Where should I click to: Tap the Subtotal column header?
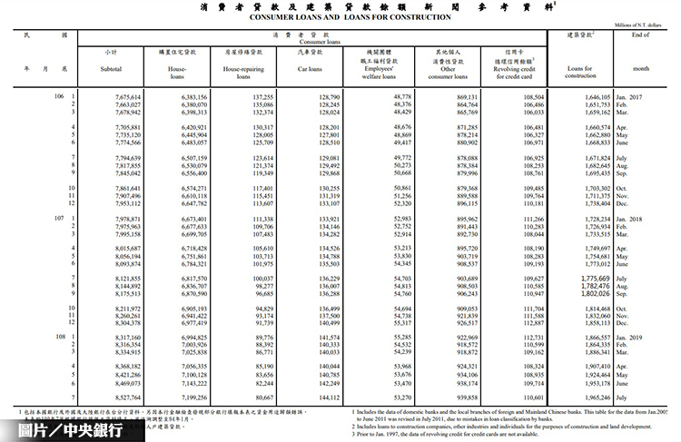click(112, 68)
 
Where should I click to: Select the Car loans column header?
click(310, 68)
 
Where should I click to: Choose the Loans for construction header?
click(579, 69)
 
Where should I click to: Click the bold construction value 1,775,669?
click(587, 279)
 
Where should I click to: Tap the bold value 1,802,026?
click(587, 294)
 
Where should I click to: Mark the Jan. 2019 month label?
click(635, 338)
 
